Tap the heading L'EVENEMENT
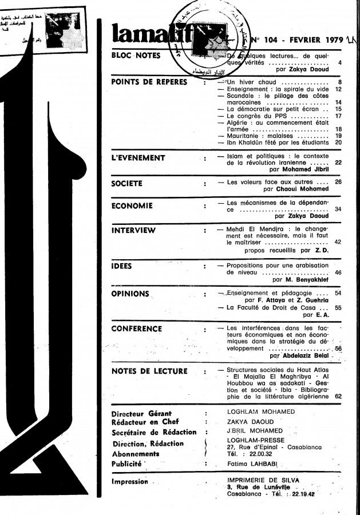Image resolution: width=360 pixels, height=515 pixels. tap(138, 157)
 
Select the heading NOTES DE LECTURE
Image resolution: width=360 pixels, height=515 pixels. tap(149, 371)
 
